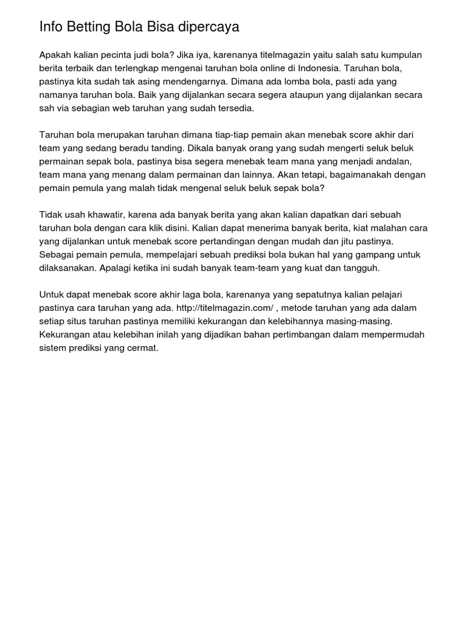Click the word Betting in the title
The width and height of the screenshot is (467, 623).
89,27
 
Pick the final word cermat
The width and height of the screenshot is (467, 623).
143,348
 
